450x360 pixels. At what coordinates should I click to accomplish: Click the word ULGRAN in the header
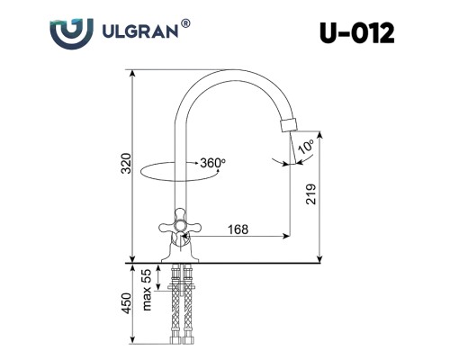point(140,31)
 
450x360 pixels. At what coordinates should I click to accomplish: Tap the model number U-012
point(356,33)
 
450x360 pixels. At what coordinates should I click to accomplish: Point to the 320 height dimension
point(127,163)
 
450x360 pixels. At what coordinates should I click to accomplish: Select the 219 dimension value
point(311,194)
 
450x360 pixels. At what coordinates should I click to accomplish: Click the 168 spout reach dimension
point(238,229)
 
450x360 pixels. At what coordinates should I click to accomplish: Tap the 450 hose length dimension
point(127,303)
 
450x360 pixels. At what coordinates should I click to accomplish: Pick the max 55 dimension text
point(147,290)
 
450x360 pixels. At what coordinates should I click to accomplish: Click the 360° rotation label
point(212,163)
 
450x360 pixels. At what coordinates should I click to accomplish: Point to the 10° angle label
point(307,147)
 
